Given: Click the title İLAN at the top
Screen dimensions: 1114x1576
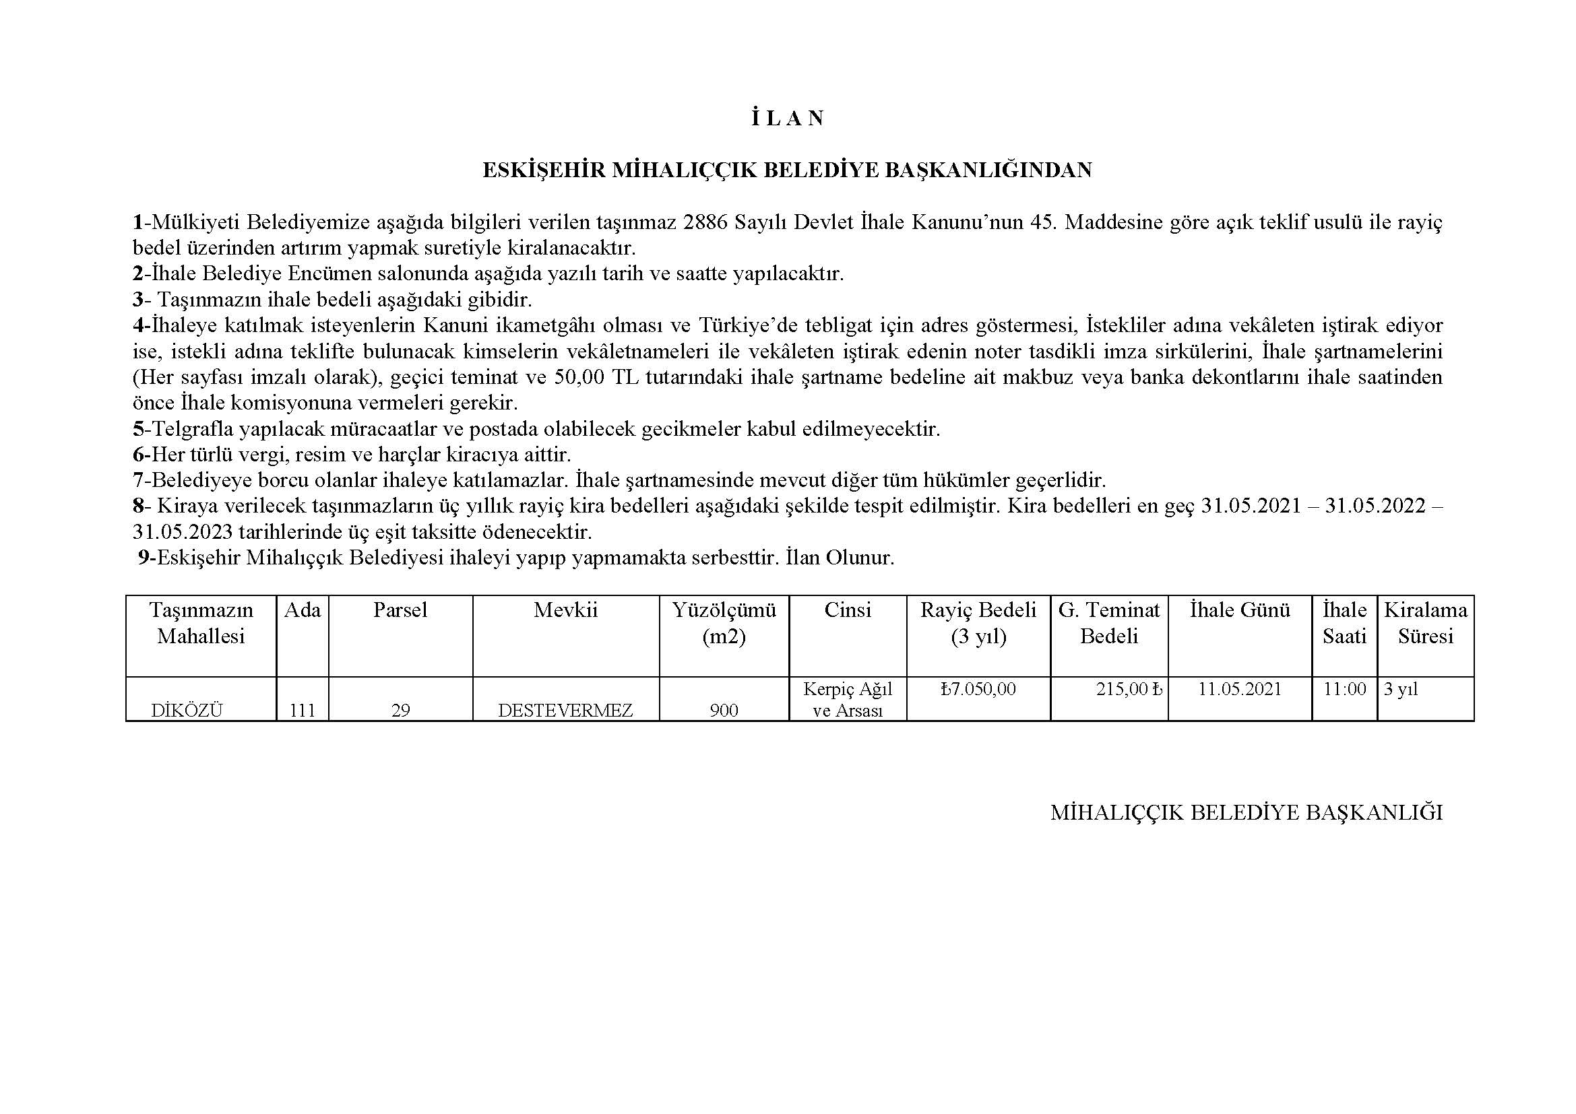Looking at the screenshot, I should (x=787, y=119).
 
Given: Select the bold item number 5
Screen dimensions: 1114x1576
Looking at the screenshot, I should (x=138, y=429).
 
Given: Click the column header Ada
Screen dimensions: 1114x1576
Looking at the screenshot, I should (x=302, y=610).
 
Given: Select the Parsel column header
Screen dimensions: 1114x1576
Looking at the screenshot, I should (x=400, y=610).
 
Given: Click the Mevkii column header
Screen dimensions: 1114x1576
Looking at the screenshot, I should (x=565, y=610).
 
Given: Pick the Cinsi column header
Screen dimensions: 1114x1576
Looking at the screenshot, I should (x=847, y=610).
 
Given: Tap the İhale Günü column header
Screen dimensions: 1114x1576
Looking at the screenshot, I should (x=1240, y=610).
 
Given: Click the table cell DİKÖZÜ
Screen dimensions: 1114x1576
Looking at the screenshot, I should (x=187, y=711).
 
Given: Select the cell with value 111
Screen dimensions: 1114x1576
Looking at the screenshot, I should (x=302, y=711).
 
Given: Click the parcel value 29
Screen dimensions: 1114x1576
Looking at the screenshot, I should (x=400, y=711).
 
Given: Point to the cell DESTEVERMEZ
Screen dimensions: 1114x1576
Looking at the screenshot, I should (x=565, y=711).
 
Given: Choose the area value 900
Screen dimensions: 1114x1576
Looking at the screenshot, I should (x=724, y=711).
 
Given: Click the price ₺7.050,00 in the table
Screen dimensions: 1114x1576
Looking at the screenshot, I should (x=978, y=690).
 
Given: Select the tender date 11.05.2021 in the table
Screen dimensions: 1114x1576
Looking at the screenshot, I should (x=1240, y=690).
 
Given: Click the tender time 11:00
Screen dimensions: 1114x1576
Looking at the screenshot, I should (x=1344, y=690).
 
